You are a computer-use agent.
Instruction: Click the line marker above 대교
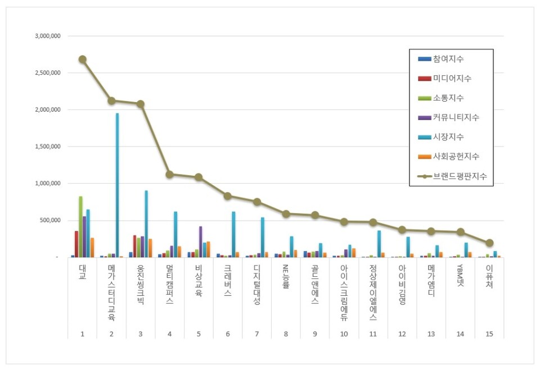(82, 59)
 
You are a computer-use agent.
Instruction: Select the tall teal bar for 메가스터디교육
(117, 185)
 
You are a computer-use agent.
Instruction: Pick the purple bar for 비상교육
(200, 241)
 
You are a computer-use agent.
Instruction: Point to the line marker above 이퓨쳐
(489, 243)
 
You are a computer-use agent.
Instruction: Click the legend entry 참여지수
(448, 59)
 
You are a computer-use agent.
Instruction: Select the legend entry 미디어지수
(452, 79)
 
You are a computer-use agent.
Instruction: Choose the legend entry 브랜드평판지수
(460, 176)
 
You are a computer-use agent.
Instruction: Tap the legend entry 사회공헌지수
(456, 156)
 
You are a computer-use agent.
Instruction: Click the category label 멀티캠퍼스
(169, 284)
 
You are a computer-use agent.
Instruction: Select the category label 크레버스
(227, 281)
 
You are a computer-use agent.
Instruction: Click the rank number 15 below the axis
(489, 334)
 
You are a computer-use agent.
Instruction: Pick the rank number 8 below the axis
(286, 334)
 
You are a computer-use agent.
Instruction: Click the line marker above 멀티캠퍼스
(169, 174)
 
